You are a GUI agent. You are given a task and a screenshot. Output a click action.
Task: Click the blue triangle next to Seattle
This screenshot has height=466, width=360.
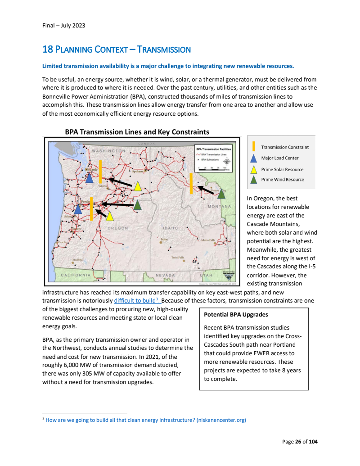[x=90, y=178]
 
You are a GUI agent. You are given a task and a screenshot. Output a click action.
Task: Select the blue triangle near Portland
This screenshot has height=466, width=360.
[x=78, y=209]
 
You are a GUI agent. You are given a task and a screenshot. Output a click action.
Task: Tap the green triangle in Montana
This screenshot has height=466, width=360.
[x=221, y=194]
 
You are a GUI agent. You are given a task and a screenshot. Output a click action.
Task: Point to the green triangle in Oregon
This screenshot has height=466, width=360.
[x=138, y=205]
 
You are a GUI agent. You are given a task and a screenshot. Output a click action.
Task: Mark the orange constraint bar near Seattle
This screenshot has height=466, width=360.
[x=100, y=172]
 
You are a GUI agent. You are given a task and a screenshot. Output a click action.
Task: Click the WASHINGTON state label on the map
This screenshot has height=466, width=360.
[x=108, y=150]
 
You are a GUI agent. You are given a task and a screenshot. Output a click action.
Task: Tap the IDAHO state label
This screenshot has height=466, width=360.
[x=170, y=228]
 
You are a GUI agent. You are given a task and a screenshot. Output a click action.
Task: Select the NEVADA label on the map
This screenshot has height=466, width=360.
[x=165, y=275]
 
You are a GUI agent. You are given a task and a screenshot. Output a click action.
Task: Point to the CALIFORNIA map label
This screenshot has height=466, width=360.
[x=76, y=275]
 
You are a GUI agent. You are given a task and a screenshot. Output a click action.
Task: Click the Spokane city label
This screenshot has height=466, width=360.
[x=137, y=171]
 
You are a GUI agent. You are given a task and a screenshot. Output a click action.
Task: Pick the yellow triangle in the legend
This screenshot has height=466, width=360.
[x=254, y=170]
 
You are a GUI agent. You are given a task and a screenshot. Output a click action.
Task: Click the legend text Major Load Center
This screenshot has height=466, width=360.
[x=280, y=158]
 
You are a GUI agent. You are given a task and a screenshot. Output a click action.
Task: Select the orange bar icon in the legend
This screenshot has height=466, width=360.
[x=254, y=147]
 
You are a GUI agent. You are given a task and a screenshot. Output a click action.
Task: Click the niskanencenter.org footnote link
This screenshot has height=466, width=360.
[x=146, y=420]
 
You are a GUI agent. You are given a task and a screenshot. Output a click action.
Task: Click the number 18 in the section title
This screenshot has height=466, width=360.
[x=47, y=49]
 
